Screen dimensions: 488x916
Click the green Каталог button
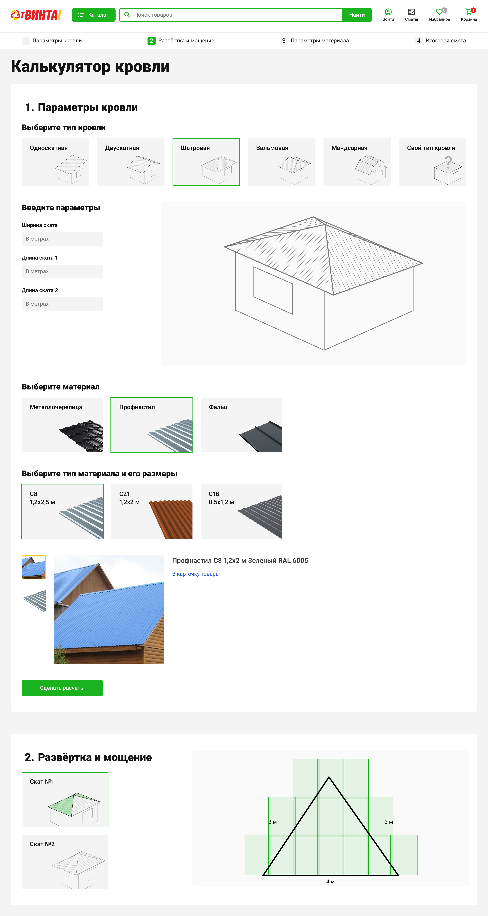click(93, 15)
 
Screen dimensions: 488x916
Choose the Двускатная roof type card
click(131, 162)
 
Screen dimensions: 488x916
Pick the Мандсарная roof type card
click(357, 162)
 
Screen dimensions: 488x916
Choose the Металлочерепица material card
click(62, 425)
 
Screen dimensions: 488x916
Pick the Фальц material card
click(241, 425)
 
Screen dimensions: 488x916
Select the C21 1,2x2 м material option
click(152, 511)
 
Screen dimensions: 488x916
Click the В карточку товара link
click(195, 574)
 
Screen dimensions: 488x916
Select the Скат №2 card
click(65, 861)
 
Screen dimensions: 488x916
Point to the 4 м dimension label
click(330, 882)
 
